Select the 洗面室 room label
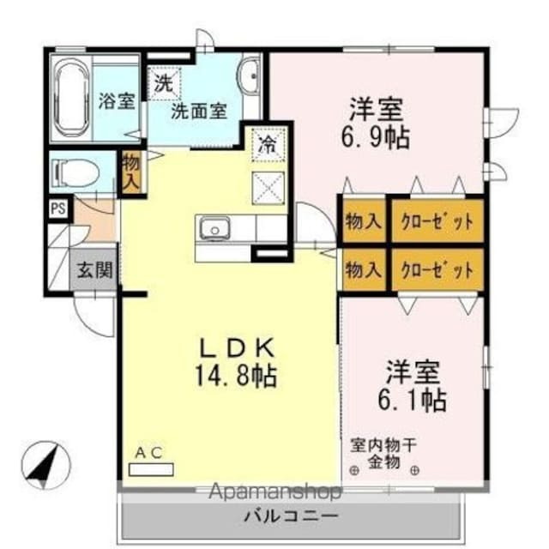pos(198,110)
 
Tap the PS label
pos(57,208)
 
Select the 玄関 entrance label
pos(95,270)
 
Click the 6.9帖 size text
pos(377,136)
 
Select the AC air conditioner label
pos(149,452)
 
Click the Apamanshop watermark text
pos(275,492)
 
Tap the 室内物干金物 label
pos(383,454)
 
